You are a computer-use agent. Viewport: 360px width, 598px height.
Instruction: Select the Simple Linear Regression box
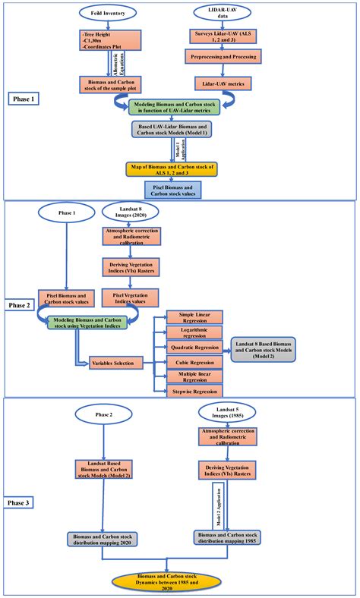tap(188, 317)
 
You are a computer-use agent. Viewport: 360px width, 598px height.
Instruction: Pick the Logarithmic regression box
tap(188, 333)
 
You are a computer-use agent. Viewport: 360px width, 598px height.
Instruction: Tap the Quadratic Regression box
tap(188, 348)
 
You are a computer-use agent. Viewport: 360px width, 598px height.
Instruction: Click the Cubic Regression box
tap(188, 364)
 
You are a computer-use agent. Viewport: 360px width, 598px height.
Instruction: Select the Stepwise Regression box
tap(188, 392)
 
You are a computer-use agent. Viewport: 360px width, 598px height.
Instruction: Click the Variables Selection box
tap(117, 364)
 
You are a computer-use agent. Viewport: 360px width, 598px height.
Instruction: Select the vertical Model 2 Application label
tap(218, 502)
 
